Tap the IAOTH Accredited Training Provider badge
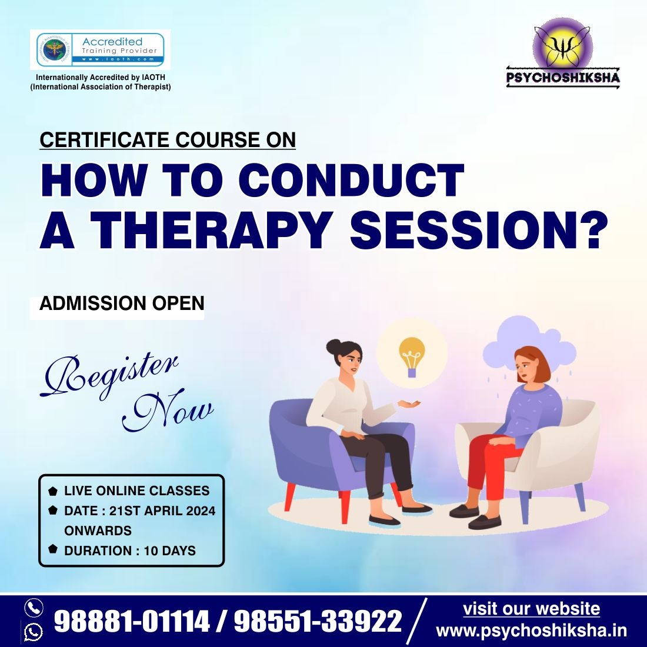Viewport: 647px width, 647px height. (100, 50)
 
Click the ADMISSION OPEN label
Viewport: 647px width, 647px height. (121, 304)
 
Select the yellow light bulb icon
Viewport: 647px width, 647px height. (411, 355)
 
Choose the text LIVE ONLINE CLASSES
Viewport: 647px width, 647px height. (136, 491)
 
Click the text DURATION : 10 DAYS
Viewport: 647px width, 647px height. (129, 551)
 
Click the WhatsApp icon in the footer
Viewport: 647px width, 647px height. (34, 632)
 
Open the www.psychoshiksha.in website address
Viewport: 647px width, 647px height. (531, 631)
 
